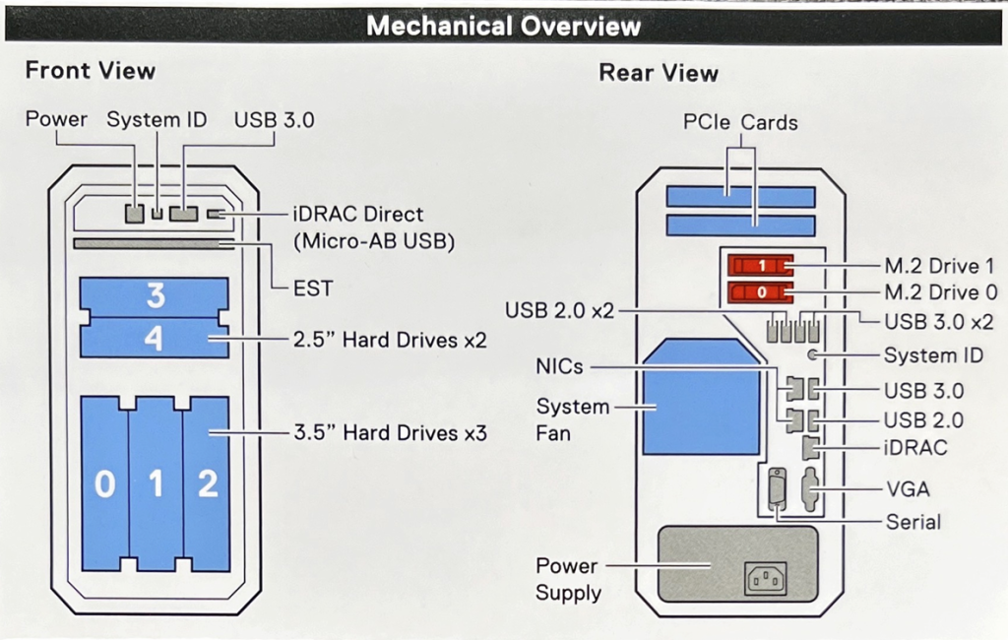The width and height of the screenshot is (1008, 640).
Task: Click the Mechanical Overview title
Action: click(x=503, y=26)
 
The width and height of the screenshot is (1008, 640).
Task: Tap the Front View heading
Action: click(x=90, y=71)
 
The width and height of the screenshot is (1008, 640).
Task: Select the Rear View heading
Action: click(x=659, y=73)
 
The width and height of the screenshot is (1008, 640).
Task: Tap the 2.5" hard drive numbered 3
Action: click(x=155, y=296)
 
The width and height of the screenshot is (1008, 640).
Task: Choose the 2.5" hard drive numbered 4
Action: click(x=155, y=338)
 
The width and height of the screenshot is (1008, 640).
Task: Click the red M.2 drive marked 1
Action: click(x=760, y=266)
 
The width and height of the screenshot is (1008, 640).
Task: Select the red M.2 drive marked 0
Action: click(x=760, y=292)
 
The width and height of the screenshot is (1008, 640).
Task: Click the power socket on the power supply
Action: click(x=765, y=577)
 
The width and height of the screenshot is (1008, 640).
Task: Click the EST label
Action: click(x=313, y=288)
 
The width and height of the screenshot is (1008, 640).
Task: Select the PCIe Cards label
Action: click(x=740, y=123)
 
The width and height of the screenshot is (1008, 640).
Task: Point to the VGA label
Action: click(x=908, y=489)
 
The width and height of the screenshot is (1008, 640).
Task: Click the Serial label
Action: click(x=913, y=522)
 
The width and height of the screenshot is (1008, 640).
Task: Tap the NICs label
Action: click(x=559, y=366)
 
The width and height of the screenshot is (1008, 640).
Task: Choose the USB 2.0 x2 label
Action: click(x=559, y=310)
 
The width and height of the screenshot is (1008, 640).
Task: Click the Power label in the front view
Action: click(x=56, y=120)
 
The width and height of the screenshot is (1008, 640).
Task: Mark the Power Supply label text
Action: click(x=568, y=579)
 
